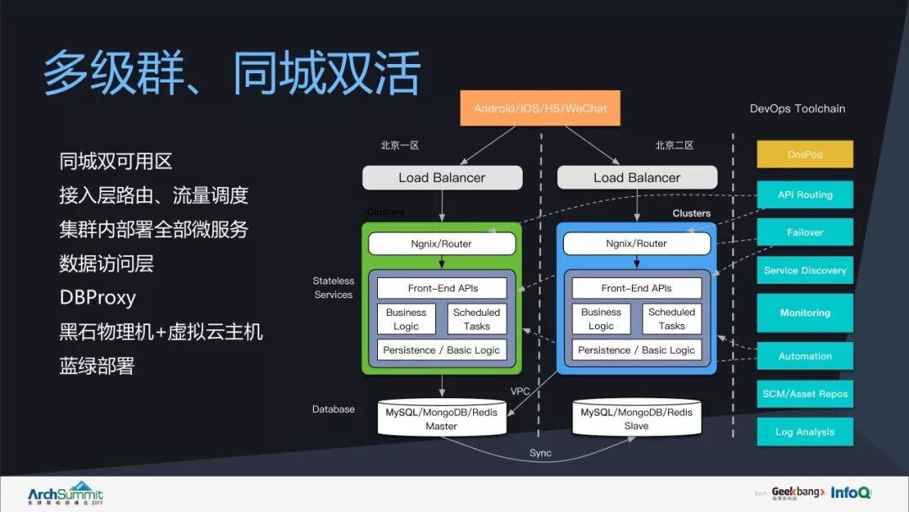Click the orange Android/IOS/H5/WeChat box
pos(540,109)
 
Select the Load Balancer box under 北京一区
pos(442,178)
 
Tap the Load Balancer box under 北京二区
pos(636,178)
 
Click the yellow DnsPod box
pos(805,155)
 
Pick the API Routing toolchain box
pos(805,195)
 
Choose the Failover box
pos(805,232)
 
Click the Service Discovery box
pos(805,270)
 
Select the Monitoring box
pos(805,312)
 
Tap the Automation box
pos(805,356)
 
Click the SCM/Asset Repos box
pos(805,394)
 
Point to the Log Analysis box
pos(805,432)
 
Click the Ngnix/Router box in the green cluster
pos(442,244)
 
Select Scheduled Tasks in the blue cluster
pos(672,319)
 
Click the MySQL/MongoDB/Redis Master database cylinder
pos(442,419)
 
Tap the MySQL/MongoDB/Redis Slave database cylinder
pos(636,419)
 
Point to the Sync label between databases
pos(540,453)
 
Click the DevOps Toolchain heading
pos(797,109)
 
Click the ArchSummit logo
pos(65,493)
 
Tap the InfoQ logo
pos(851,493)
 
